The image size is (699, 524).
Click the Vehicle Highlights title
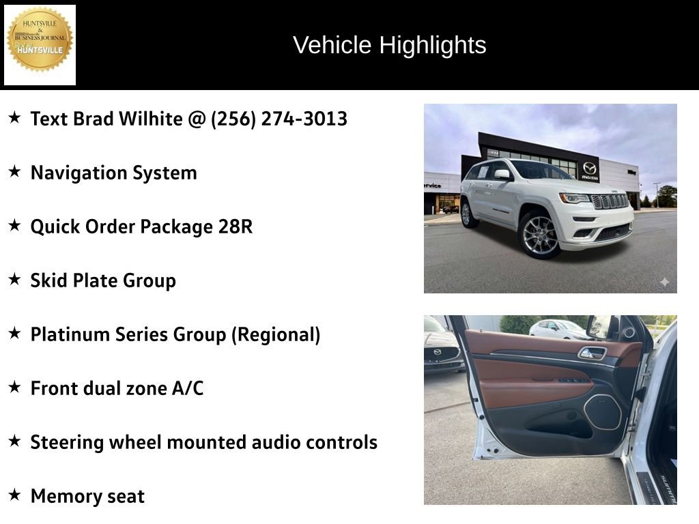(389, 45)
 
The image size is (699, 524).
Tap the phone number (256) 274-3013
(279, 119)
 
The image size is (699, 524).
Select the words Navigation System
(113, 173)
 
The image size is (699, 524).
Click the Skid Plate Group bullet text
(103, 280)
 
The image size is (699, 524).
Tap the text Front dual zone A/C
(117, 388)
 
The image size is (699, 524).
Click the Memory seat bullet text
(87, 496)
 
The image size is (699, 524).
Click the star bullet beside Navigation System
(14, 172)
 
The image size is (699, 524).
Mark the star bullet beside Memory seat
(14, 495)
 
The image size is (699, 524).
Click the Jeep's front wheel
(539, 235)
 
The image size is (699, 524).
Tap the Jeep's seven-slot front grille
(610, 201)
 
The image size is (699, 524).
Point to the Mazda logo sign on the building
(589, 169)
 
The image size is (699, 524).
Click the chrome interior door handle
(592, 353)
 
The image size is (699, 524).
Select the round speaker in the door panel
(602, 412)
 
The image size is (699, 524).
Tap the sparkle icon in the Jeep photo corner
(664, 282)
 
